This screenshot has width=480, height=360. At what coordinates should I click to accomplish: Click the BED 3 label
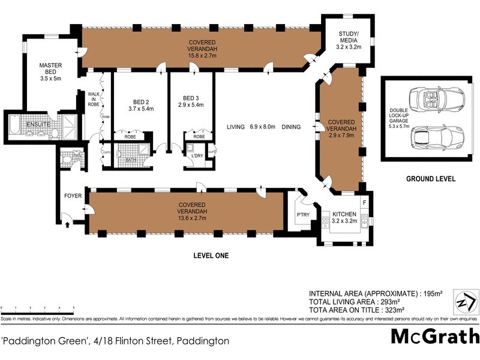click(x=191, y=98)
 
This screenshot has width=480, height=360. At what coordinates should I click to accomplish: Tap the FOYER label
click(x=73, y=196)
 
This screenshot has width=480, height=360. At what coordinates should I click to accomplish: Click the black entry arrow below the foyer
click(x=67, y=224)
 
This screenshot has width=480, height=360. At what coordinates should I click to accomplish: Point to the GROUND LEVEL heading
click(x=430, y=179)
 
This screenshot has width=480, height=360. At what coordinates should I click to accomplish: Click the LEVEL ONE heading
click(x=211, y=256)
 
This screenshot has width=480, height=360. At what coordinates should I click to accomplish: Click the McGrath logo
click(x=434, y=336)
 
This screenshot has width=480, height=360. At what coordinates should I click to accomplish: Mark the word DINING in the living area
click(x=291, y=127)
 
